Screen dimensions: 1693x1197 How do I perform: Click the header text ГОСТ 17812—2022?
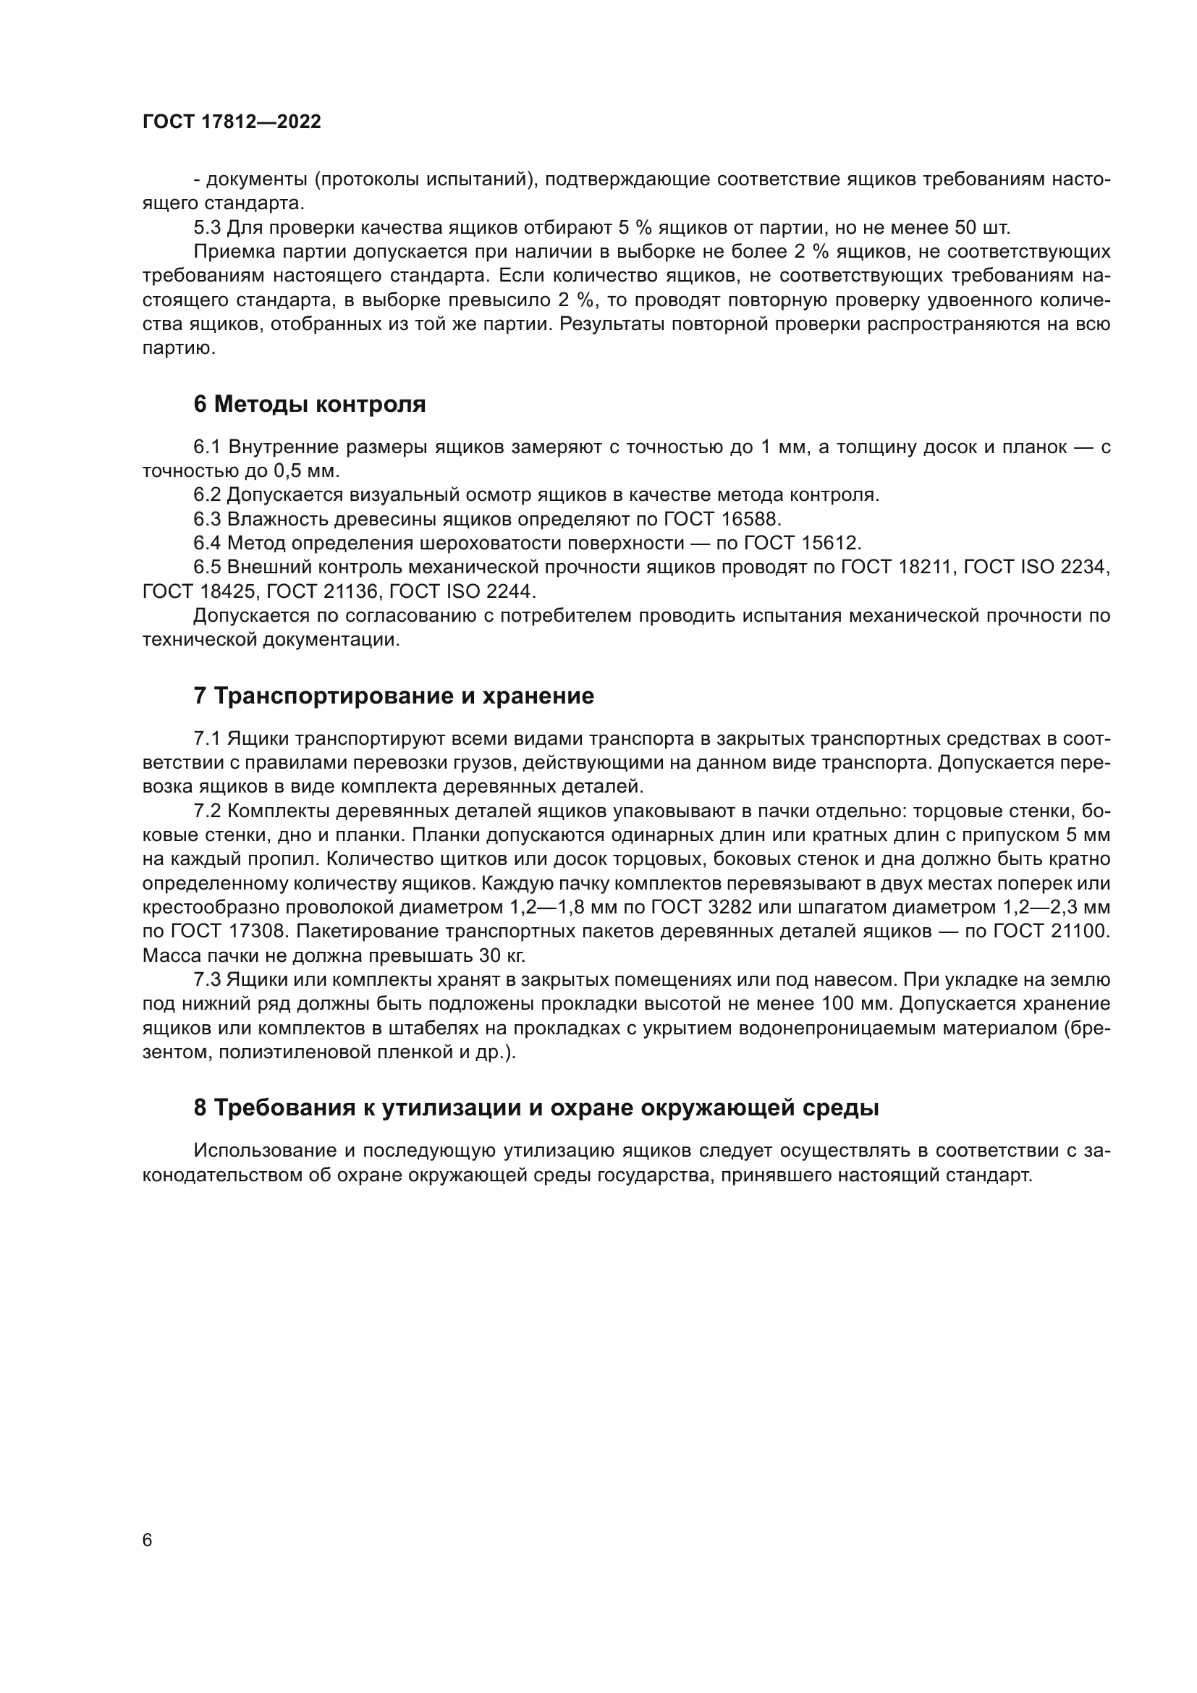pos(232,122)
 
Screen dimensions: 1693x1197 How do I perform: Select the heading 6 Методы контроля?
pos(310,404)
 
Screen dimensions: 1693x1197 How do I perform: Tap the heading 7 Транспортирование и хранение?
pos(394,696)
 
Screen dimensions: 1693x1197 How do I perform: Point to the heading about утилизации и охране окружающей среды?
pos(536,1107)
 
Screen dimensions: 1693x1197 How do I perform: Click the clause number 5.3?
pos(207,227)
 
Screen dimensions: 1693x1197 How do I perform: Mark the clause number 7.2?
pos(207,811)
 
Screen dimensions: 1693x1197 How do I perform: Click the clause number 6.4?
pos(207,544)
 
